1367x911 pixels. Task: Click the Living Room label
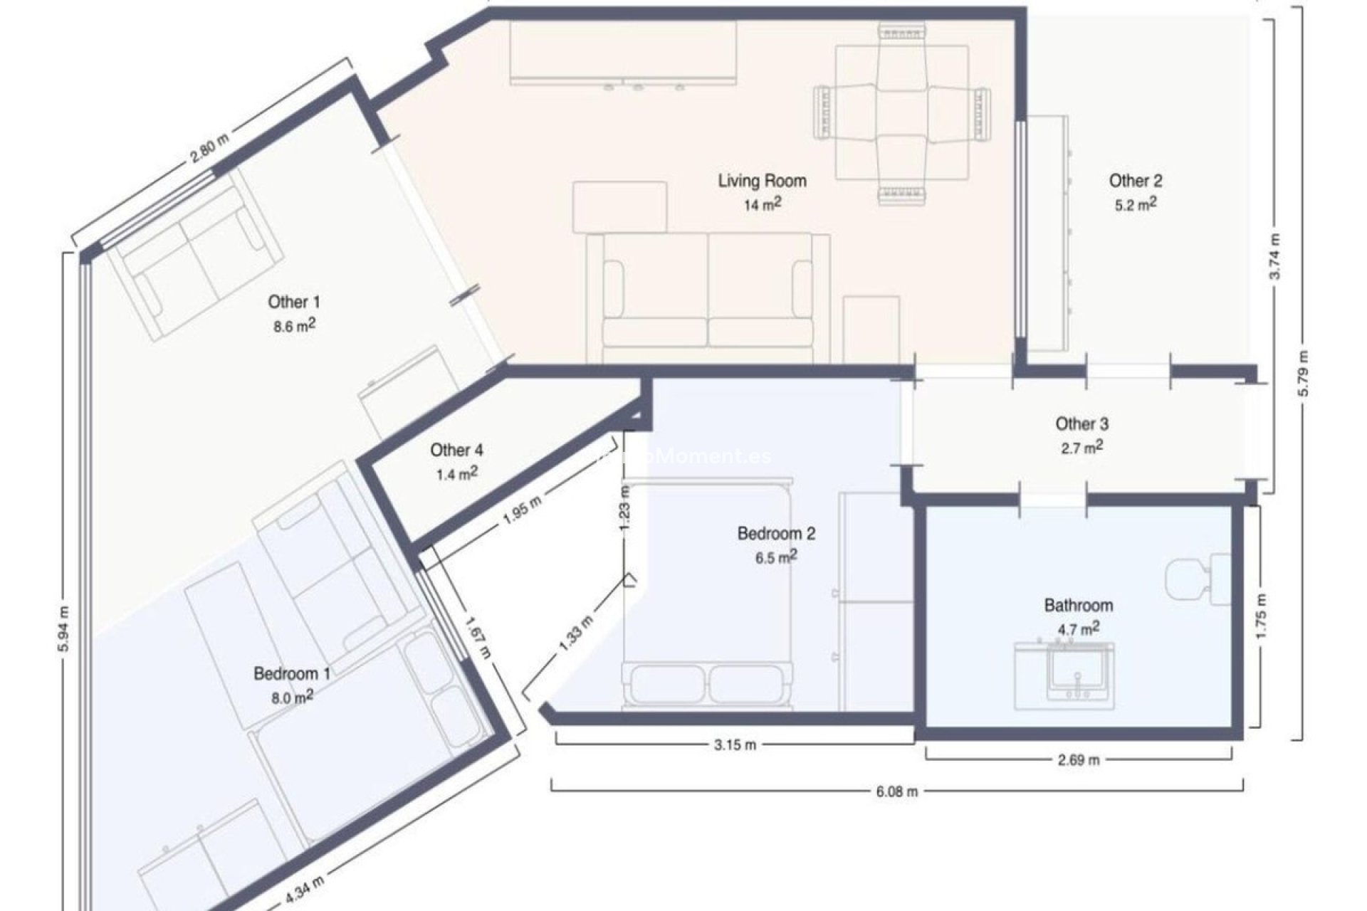[762, 181]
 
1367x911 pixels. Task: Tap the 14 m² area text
[763, 205]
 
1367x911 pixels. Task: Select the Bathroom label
[1078, 606]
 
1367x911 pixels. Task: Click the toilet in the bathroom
[1196, 580]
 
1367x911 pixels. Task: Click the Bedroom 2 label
[776, 533]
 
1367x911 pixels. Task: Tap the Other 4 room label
[456, 450]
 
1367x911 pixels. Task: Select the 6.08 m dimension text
[896, 791]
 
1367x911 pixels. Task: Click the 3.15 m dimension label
[735, 745]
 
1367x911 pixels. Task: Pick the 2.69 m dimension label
[1078, 760]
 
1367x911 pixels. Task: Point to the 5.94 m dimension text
[64, 629]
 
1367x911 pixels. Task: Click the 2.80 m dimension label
[209, 149]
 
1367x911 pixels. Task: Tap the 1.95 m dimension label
[522, 510]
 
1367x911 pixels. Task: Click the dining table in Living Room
[901, 112]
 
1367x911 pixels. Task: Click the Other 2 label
[1135, 181]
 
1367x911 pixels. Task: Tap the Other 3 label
[1081, 424]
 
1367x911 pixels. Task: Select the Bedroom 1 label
[292, 673]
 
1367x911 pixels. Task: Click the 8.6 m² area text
[294, 326]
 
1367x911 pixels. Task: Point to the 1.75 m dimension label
[1261, 616]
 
